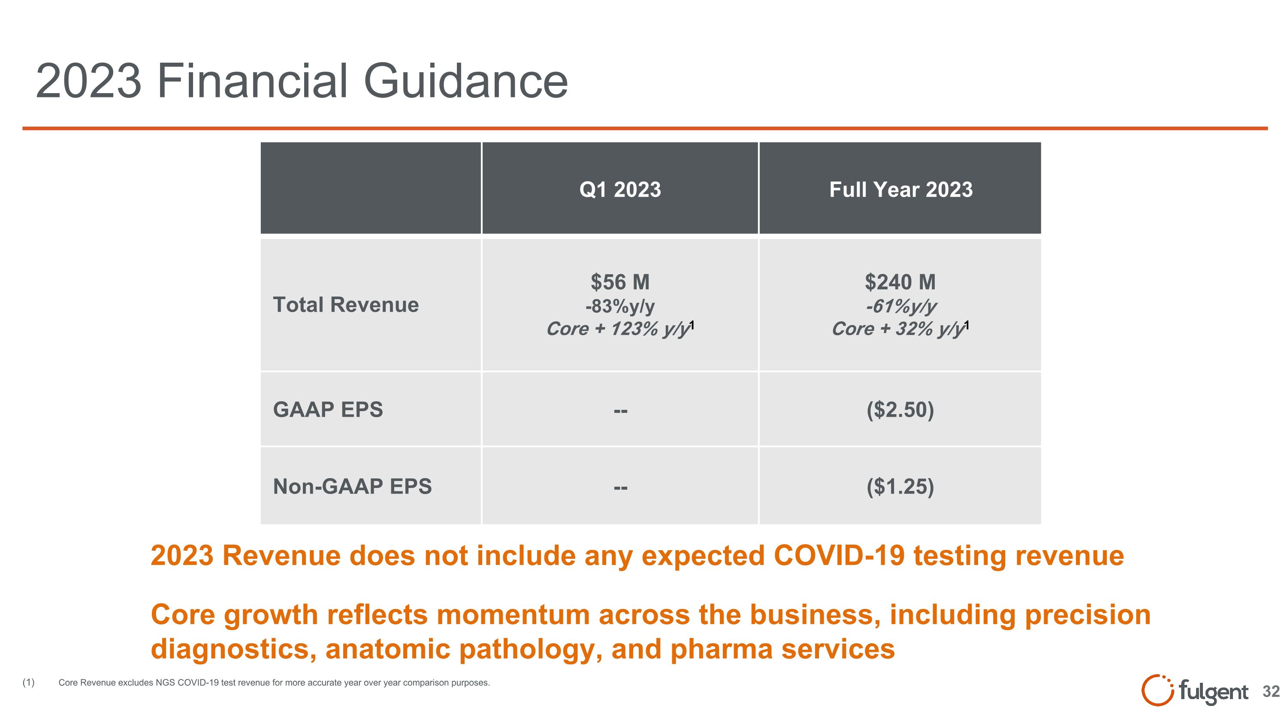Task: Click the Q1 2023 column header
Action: coord(619,189)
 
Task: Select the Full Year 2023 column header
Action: coord(900,189)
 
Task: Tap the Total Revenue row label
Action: coord(346,304)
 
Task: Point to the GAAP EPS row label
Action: coord(328,409)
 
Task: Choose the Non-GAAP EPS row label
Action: coord(352,486)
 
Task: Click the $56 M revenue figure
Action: coord(619,282)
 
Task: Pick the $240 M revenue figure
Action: coord(900,282)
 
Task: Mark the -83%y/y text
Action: coord(619,306)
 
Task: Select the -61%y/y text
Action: coord(900,306)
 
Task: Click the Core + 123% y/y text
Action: coord(619,329)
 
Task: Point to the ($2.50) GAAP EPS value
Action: coord(900,410)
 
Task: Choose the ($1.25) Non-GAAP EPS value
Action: coord(900,486)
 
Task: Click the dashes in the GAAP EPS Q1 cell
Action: coord(620,411)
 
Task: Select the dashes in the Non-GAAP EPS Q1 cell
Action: coord(620,487)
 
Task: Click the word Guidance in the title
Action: coord(465,81)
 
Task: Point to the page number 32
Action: coord(1271,691)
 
